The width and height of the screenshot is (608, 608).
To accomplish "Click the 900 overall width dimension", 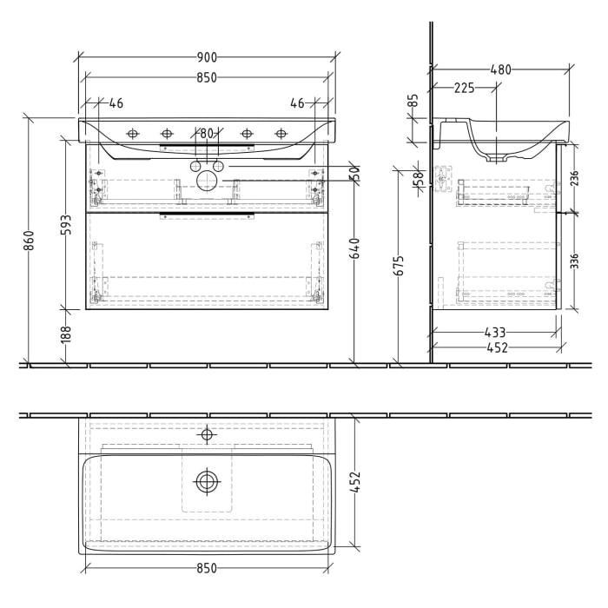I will (x=206, y=57).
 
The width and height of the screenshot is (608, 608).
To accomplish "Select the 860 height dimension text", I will (x=29, y=240).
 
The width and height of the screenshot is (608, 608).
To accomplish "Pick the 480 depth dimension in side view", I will (x=500, y=69).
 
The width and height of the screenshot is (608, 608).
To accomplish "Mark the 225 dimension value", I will (x=464, y=87).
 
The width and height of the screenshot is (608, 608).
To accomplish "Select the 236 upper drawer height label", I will (x=574, y=178).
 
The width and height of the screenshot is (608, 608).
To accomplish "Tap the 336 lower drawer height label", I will (x=574, y=261).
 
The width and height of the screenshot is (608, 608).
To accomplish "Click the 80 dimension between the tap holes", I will (x=207, y=134).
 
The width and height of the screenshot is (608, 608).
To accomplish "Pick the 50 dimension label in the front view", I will (x=354, y=173).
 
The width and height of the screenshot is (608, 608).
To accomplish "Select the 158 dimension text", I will (x=418, y=179).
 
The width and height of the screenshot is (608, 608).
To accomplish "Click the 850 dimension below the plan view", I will (x=206, y=569).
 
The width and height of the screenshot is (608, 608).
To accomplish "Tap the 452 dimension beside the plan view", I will (x=354, y=481).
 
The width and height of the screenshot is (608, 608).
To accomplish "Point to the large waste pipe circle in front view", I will (x=207, y=180).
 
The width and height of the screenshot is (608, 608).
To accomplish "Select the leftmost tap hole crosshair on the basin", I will (x=133, y=134).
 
